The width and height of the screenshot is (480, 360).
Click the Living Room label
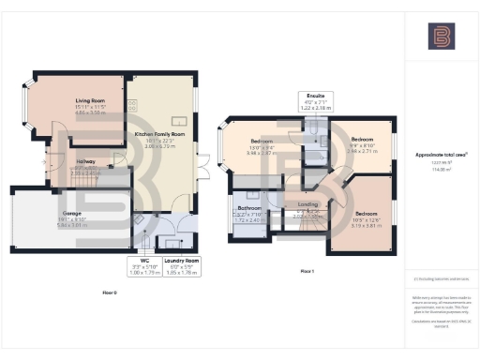click(91, 99)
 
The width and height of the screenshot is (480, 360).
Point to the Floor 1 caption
click(307, 270)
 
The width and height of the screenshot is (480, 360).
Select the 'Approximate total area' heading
click(441, 154)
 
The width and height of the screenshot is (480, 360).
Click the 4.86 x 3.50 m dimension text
click(91, 112)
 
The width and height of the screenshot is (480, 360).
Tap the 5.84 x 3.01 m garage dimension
click(72, 226)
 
